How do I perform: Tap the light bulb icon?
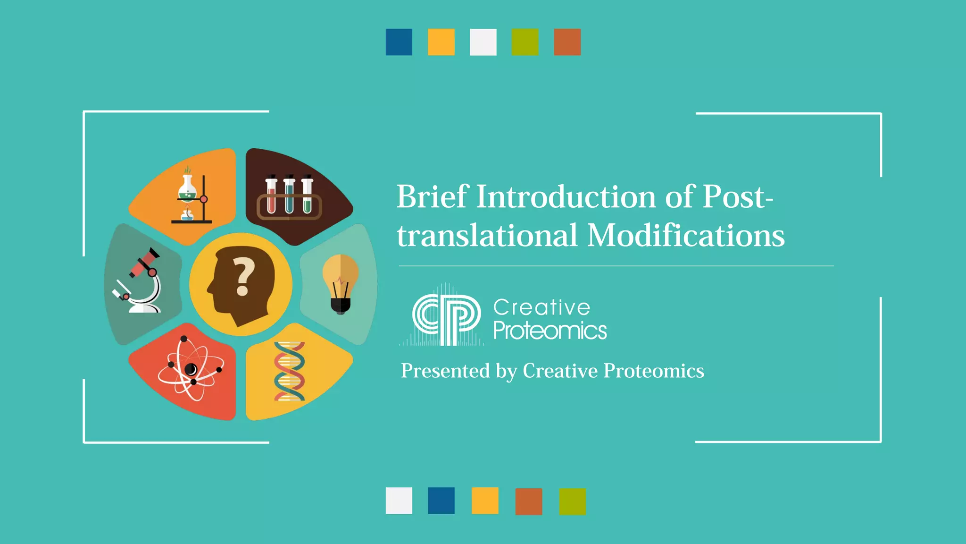[341, 283]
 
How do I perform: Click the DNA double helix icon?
[289, 371]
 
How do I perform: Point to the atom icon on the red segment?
[191, 369]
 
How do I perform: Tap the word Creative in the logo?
[541, 307]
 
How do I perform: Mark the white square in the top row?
[483, 42]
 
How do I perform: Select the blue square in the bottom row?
[441, 501]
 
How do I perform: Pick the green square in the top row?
[525, 42]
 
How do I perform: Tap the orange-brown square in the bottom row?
[529, 501]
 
